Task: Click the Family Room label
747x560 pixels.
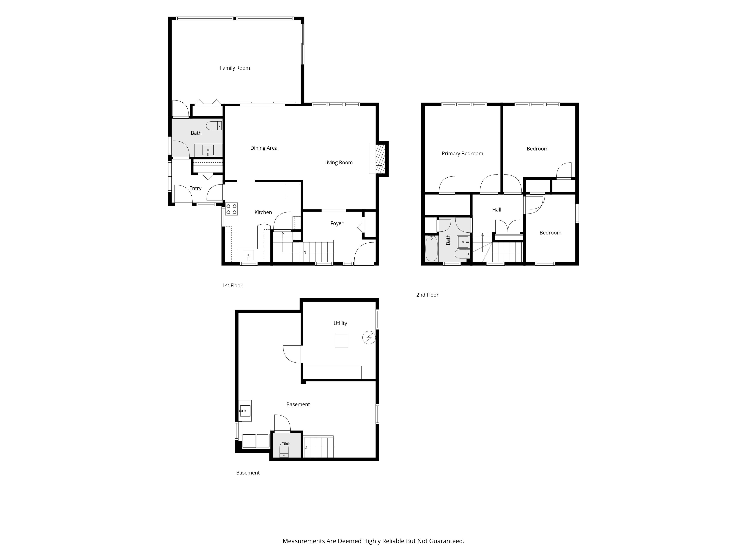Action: [x=235, y=68]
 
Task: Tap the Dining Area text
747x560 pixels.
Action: [x=264, y=148]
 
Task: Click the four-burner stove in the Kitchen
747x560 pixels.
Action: [x=232, y=209]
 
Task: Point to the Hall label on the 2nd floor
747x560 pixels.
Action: [x=496, y=210]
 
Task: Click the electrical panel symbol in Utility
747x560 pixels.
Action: [x=369, y=337]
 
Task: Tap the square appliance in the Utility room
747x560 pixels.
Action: [x=341, y=340]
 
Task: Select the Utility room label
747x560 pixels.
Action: [x=340, y=323]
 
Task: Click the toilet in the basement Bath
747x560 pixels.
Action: [x=284, y=450]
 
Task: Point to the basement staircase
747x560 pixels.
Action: [x=318, y=447]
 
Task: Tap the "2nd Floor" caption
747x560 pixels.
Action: [x=427, y=295]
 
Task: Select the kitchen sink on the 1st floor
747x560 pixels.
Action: [x=248, y=255]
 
